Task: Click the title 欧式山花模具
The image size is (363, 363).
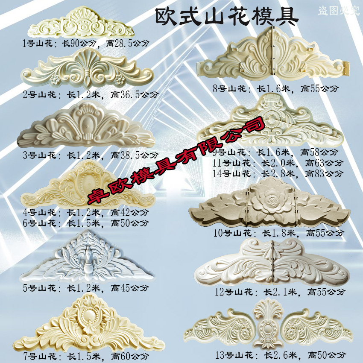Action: click(x=226, y=16)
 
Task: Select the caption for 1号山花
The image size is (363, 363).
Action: click(x=73, y=42)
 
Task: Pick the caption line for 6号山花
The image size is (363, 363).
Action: click(x=86, y=222)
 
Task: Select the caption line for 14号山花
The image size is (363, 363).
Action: click(x=278, y=173)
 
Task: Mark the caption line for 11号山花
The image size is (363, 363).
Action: click(x=278, y=163)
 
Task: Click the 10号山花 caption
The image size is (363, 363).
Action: click(x=278, y=233)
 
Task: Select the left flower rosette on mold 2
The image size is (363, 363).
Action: click(x=54, y=79)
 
